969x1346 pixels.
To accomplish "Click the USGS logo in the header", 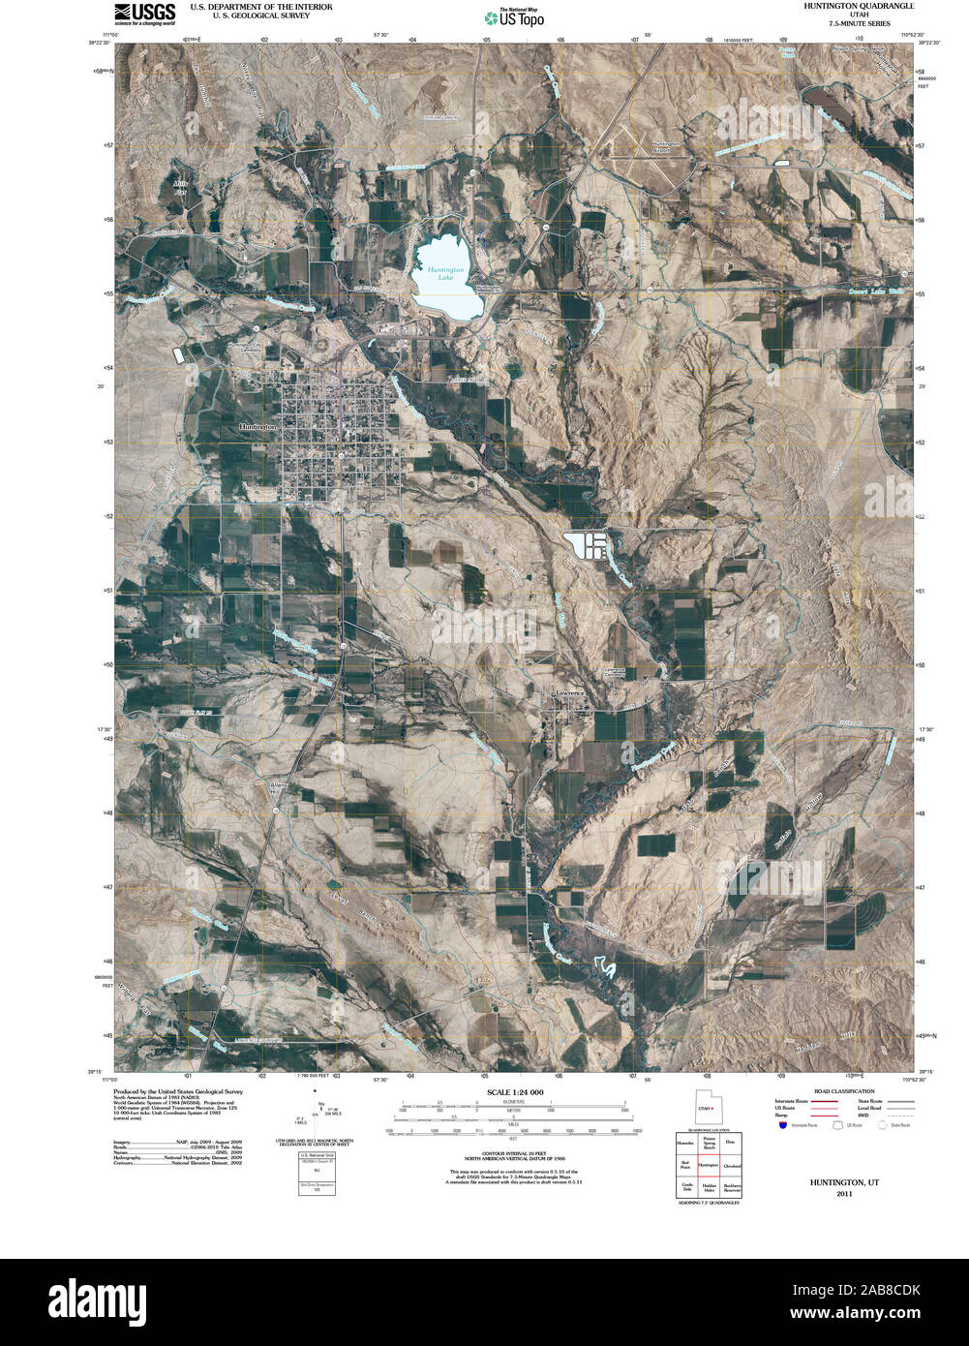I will pyautogui.click(x=145, y=13).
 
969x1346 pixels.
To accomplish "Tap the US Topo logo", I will pyautogui.click(x=515, y=16).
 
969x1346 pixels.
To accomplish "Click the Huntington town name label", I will pyautogui.click(x=257, y=426).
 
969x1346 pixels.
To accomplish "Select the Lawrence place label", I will pyautogui.click(x=569, y=693).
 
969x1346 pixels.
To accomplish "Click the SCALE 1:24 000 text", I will pyautogui.click(x=515, y=1092).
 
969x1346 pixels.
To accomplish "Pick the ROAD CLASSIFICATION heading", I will pyautogui.click(x=818, y=1091).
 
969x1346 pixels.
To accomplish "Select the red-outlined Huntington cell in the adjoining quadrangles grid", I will pyautogui.click(x=709, y=1165).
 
